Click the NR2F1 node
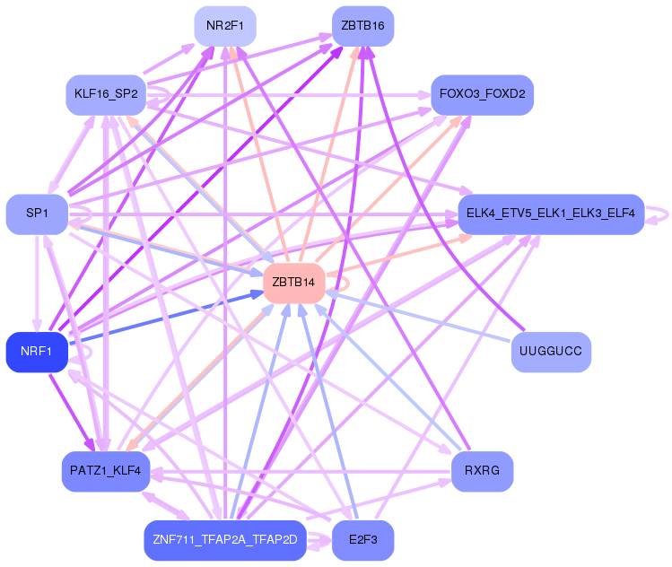point(225,26)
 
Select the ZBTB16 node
point(362,26)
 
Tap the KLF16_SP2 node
point(106,95)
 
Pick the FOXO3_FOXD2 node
point(482,95)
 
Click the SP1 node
point(37,214)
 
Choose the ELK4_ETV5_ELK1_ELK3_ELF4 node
point(551,214)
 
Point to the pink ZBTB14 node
point(293,283)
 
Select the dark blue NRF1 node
point(37,352)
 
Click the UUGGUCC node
point(551,352)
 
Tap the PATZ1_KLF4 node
point(106,471)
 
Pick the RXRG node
point(482,471)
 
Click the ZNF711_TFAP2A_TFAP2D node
point(225,540)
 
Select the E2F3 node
point(362,540)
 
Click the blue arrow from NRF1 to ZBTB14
point(166,318)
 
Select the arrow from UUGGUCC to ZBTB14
point(418,317)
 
